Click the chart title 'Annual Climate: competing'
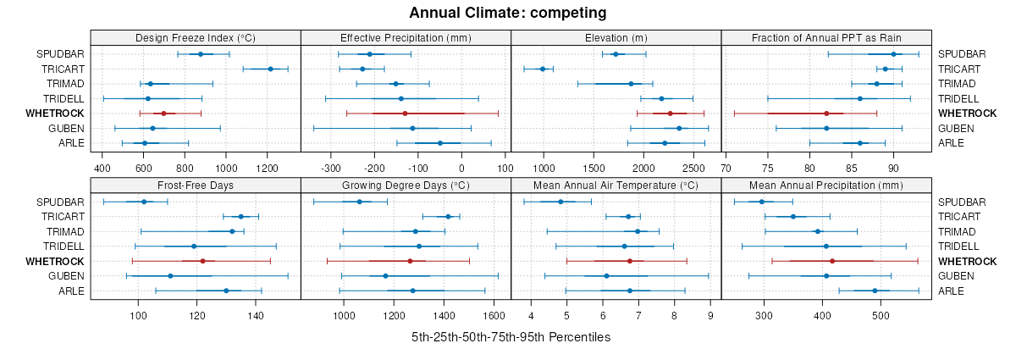coord(507,13)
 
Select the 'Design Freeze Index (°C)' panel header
coord(196,38)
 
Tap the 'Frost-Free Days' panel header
coord(196,186)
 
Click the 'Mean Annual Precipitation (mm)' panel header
coord(826,186)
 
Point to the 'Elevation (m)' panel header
coord(616,38)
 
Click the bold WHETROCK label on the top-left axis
coord(55,114)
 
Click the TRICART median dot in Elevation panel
coord(543,69)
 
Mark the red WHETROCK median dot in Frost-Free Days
coord(202,261)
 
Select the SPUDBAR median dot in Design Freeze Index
coord(201,54)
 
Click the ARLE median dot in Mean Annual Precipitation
coord(875,291)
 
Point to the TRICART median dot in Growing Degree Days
coord(448,217)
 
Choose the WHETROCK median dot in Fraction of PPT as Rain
coord(826,114)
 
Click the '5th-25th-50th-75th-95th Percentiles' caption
coord(511,337)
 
